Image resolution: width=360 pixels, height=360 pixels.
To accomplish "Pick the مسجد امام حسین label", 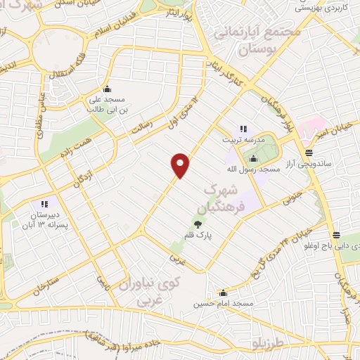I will point(224,305).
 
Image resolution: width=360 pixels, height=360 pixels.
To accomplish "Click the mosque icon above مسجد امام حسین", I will point(224,293).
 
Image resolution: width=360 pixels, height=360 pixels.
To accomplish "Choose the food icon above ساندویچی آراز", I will point(309,152).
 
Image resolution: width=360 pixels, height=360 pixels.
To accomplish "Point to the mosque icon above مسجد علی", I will point(107,89).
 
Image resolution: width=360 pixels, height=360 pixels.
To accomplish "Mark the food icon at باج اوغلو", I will point(337,235).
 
